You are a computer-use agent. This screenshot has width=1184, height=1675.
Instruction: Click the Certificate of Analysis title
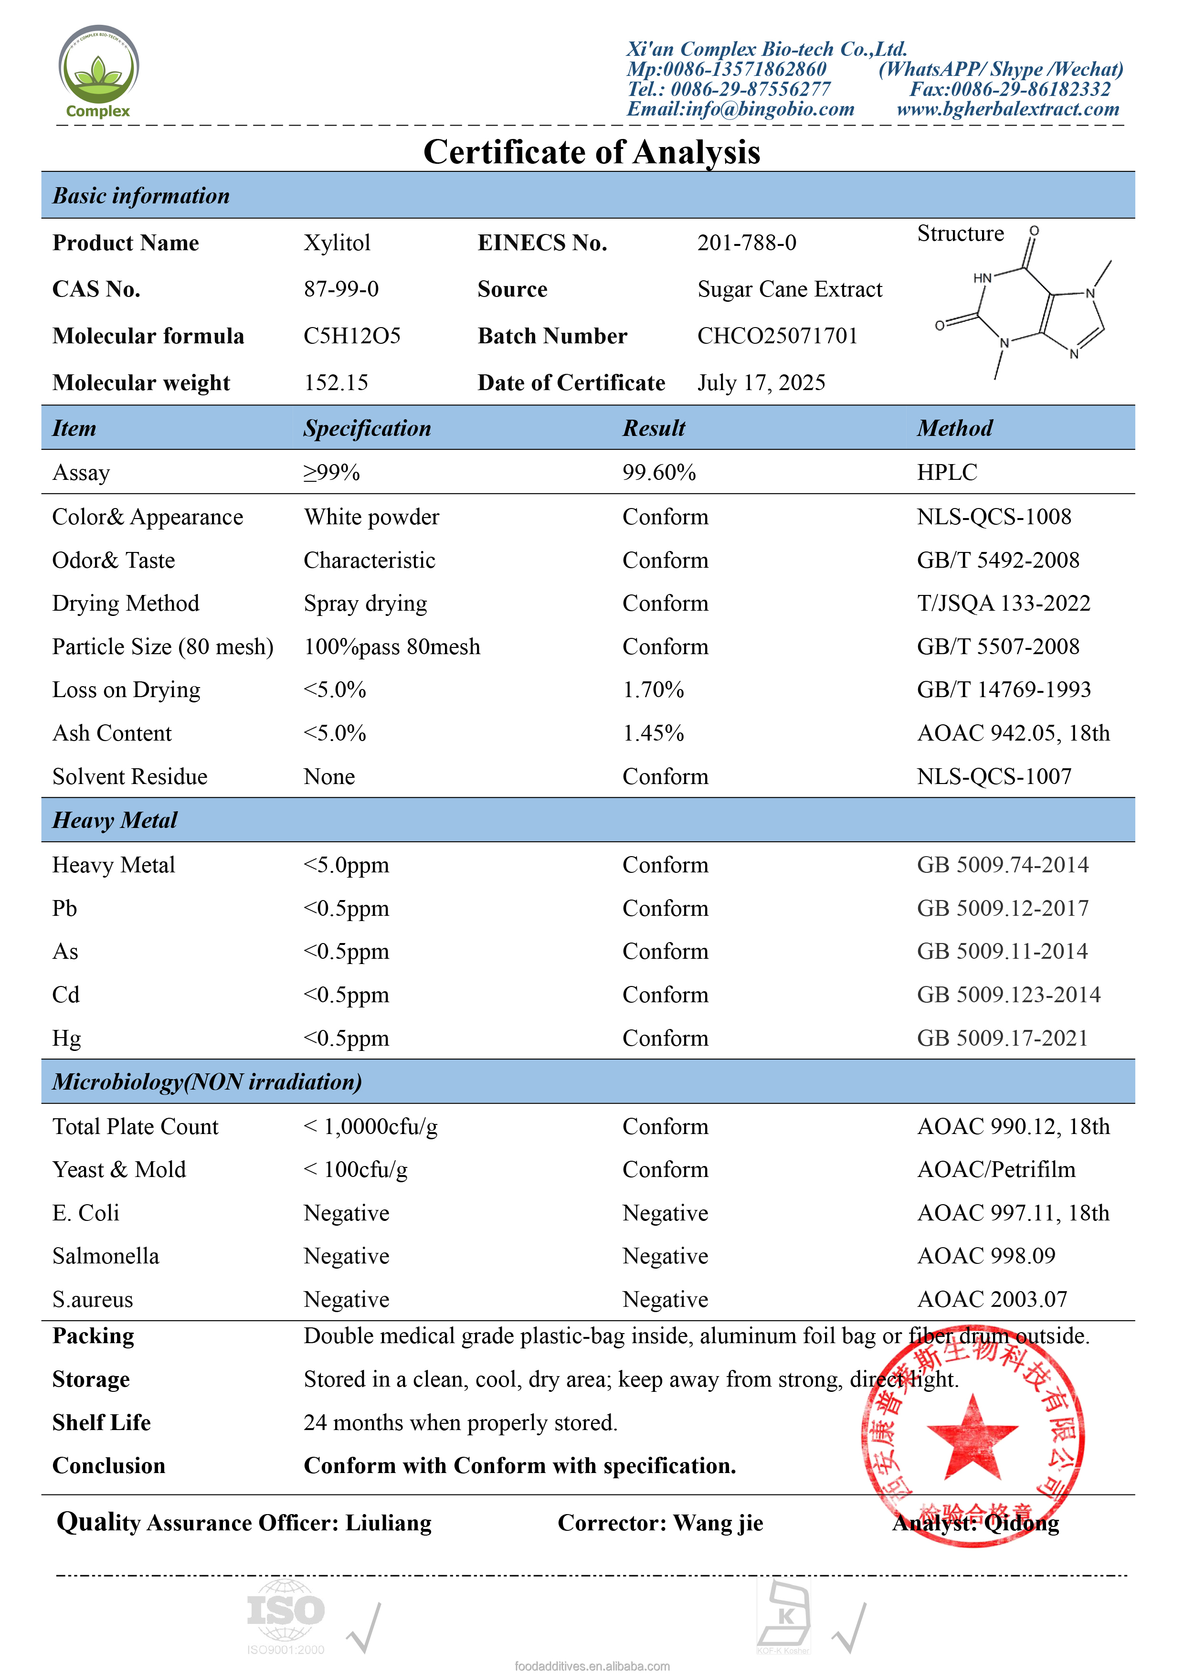click(592, 152)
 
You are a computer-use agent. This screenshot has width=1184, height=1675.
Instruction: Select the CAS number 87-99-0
click(341, 290)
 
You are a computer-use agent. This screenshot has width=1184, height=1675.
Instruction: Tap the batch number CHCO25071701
click(777, 336)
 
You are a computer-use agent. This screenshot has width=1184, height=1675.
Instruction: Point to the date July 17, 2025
click(761, 383)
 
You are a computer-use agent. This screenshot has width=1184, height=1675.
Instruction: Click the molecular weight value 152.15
click(336, 383)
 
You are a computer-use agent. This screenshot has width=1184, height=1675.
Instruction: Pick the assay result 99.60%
click(659, 473)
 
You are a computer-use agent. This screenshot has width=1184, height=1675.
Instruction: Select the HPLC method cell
click(946, 473)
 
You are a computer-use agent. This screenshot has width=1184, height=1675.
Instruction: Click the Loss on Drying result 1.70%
click(653, 690)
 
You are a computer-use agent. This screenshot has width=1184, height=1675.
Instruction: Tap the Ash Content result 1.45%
click(653, 733)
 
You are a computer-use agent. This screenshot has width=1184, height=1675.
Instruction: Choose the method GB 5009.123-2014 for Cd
click(1008, 995)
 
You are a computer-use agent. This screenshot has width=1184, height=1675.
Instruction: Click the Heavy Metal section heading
click(115, 821)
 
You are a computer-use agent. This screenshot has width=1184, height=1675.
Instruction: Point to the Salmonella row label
click(106, 1256)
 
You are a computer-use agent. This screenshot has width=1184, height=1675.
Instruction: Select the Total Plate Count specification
click(370, 1127)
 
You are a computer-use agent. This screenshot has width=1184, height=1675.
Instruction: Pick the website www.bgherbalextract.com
click(1007, 109)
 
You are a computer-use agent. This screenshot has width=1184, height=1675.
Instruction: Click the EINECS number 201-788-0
click(746, 243)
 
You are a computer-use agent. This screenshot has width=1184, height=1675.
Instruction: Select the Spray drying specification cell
click(366, 604)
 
